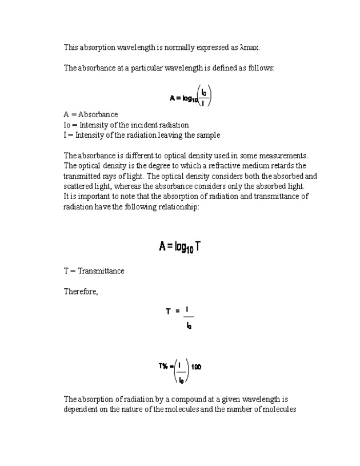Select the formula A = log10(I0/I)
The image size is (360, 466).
pos(190,97)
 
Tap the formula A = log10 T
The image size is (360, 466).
pos(179,247)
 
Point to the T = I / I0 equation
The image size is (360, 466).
pos(180,318)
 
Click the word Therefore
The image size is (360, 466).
pos(81,292)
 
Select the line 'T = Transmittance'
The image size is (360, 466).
pos(94,271)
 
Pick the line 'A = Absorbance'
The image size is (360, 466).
pos(91,114)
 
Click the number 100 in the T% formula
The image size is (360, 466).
pos(196,367)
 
